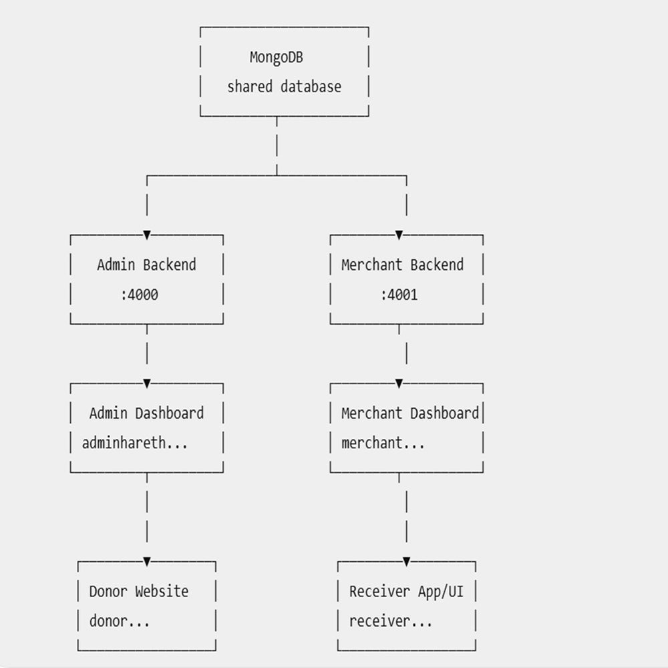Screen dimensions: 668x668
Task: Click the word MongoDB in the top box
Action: (x=276, y=57)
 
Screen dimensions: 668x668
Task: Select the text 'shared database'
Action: (x=284, y=86)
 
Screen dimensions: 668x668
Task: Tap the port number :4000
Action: (x=140, y=295)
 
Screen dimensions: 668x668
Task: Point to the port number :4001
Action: (x=399, y=295)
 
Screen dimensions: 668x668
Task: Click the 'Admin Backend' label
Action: (x=146, y=265)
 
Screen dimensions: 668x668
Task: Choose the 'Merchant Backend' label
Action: (x=403, y=265)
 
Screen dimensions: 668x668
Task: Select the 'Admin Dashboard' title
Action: (x=146, y=413)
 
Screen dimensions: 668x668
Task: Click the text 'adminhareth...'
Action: (x=135, y=443)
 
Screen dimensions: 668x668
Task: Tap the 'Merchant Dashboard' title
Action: (x=410, y=413)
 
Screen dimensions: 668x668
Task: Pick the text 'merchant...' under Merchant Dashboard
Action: (x=383, y=443)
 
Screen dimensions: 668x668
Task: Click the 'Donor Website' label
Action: (x=139, y=591)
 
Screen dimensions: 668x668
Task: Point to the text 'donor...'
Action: (x=120, y=621)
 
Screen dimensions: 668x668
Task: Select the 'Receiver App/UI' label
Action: (x=406, y=591)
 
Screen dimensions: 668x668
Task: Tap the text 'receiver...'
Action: (x=391, y=621)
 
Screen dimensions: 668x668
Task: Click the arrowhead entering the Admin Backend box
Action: (x=147, y=235)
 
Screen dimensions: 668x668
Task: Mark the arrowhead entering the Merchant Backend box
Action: (x=399, y=235)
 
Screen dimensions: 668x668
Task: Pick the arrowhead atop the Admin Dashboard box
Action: (x=147, y=384)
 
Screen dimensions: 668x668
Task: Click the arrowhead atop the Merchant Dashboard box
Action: (x=399, y=384)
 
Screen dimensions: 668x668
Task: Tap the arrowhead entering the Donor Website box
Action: (x=147, y=562)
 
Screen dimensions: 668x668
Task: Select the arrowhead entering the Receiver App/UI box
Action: (x=406, y=562)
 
